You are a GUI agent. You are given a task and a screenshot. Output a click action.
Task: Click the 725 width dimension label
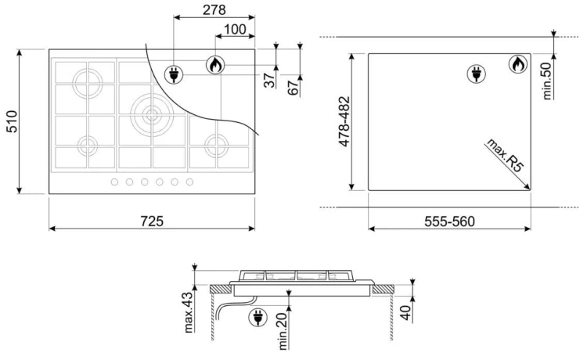tap(152, 221)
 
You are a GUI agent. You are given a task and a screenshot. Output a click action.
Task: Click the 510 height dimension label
tap(13, 121)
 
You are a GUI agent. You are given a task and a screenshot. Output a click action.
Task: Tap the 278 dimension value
tap(214, 10)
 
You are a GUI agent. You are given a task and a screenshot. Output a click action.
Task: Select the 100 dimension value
tap(235, 29)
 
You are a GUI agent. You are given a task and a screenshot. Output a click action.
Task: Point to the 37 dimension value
tap(269, 80)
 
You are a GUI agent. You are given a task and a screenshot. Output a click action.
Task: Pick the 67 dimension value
tap(293, 87)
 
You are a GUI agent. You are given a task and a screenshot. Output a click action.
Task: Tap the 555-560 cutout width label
tap(449, 221)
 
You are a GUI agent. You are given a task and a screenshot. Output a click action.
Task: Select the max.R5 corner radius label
tap(504, 155)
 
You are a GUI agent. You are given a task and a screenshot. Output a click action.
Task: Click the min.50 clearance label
tap(547, 81)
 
